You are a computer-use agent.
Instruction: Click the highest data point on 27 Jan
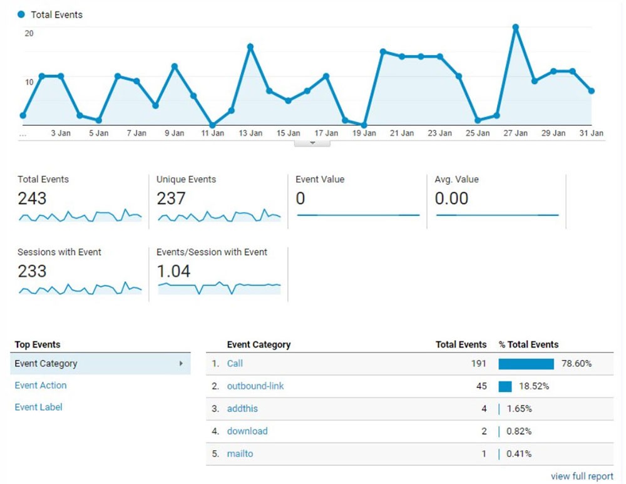click(x=516, y=28)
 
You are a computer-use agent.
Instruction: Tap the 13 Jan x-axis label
click(x=250, y=133)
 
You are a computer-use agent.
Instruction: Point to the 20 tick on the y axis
click(x=29, y=33)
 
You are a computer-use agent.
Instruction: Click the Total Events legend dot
click(x=22, y=14)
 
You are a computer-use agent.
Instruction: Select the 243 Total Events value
click(x=32, y=198)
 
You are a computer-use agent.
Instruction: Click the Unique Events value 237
click(x=171, y=198)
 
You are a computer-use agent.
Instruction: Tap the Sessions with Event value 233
click(x=32, y=271)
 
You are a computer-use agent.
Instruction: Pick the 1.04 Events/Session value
click(x=173, y=271)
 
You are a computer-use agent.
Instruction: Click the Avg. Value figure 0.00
click(x=451, y=198)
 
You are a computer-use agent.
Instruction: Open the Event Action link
click(x=41, y=385)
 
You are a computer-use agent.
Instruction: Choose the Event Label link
click(x=38, y=407)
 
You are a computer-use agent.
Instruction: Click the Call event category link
click(x=235, y=363)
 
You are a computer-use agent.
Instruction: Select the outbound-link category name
click(x=255, y=386)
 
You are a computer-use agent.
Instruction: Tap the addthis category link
click(x=242, y=408)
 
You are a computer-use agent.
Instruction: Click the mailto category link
click(x=240, y=453)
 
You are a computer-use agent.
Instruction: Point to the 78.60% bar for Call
click(x=526, y=364)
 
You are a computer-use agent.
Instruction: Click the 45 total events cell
click(x=481, y=386)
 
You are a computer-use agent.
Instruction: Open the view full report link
click(x=582, y=476)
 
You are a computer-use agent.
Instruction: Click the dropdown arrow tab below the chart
click(x=312, y=143)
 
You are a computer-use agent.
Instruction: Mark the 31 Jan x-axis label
click(x=591, y=133)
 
